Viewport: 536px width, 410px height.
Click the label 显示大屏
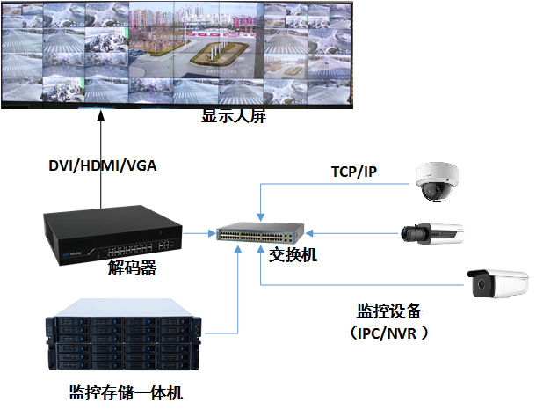point(234,116)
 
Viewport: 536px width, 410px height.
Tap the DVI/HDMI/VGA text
point(103,165)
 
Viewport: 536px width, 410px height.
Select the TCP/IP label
point(354,172)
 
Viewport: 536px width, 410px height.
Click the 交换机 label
point(293,255)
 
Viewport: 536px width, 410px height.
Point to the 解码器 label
point(132,267)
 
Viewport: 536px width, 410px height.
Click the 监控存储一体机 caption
point(126,392)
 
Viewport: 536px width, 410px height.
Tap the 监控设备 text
point(389,311)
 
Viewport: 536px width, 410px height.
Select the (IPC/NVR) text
point(389,333)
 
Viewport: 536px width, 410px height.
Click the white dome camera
point(437,181)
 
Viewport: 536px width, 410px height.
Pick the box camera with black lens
point(432,234)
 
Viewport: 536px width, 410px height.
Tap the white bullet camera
point(497,283)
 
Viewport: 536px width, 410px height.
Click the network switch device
point(260,233)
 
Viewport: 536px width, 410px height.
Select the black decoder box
point(112,235)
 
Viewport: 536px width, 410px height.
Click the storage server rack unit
point(124,334)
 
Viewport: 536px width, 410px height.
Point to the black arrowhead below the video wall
point(100,115)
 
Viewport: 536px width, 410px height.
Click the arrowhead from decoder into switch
point(212,233)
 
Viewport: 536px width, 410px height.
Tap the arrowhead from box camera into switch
point(309,233)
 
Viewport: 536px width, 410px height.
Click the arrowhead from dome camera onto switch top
point(260,217)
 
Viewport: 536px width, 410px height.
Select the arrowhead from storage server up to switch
point(237,249)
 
